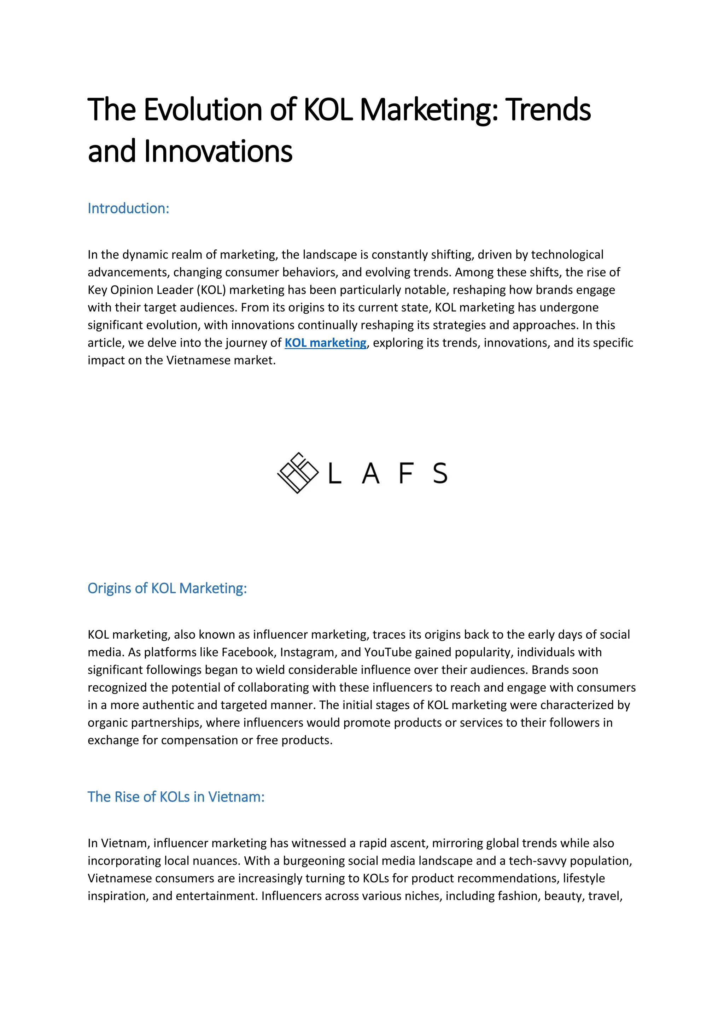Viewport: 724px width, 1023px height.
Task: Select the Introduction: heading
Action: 128,208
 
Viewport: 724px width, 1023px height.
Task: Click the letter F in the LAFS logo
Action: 406,473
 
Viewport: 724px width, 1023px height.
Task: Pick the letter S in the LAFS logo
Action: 440,473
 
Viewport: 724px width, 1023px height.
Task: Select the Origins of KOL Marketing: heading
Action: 167,588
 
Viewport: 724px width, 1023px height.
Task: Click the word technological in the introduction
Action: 567,255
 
